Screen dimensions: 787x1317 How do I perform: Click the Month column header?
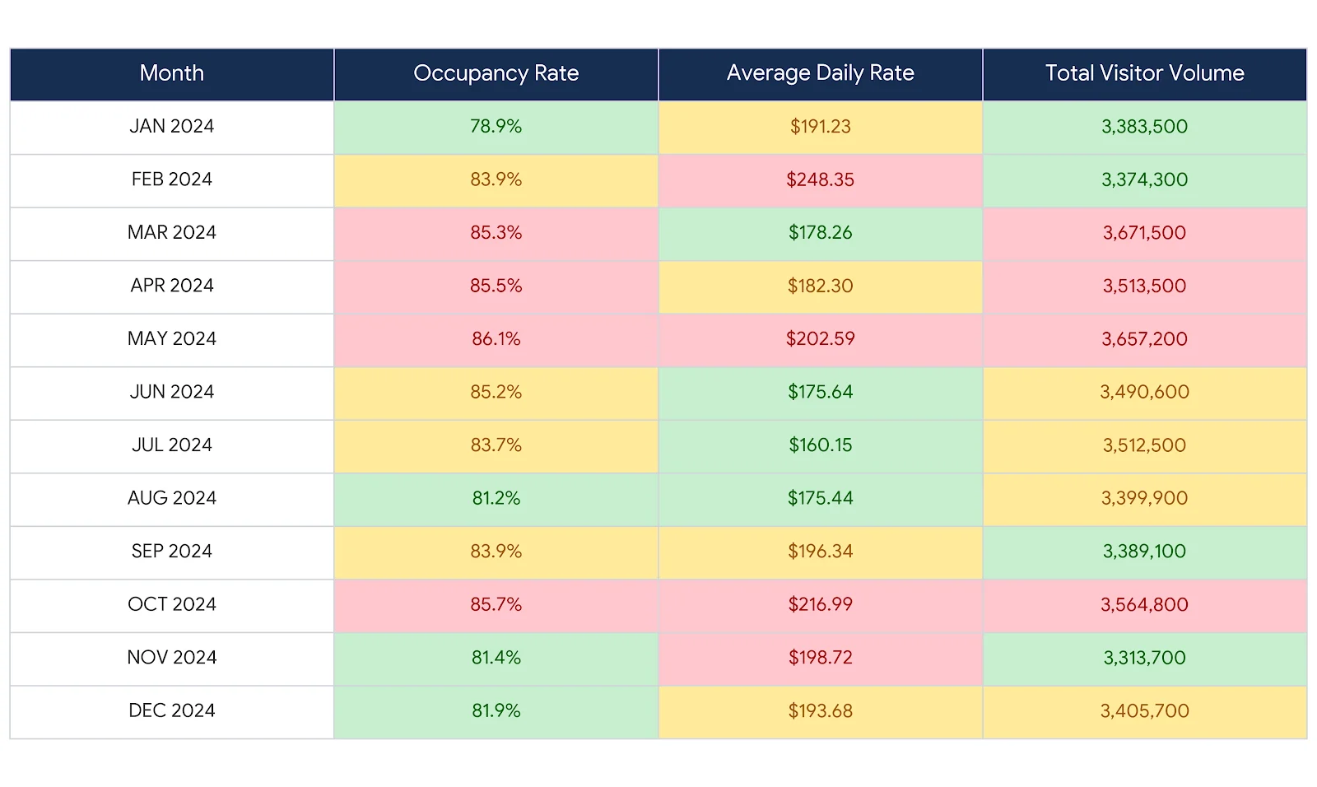tap(171, 73)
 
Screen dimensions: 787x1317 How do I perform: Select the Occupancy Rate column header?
tap(496, 73)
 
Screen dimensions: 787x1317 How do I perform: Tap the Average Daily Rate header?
tap(820, 73)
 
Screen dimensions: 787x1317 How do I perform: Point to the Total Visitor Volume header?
tap(1144, 73)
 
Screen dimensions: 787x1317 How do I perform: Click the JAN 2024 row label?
tap(171, 126)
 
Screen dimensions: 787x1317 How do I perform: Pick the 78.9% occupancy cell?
tap(496, 126)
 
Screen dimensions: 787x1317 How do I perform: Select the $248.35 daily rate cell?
tap(820, 179)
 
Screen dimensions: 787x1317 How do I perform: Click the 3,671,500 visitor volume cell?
tap(1144, 232)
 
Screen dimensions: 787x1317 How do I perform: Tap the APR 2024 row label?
tap(171, 286)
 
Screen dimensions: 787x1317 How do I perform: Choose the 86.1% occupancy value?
tap(496, 338)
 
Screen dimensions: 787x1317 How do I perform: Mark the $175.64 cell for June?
tap(820, 392)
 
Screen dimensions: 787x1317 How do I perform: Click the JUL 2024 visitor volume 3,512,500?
tap(1144, 445)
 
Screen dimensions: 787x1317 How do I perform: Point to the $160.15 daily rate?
tap(820, 445)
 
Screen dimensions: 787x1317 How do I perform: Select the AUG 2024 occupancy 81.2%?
tap(496, 498)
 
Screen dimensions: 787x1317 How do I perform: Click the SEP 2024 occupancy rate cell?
tap(496, 551)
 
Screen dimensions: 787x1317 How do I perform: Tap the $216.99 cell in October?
tap(820, 604)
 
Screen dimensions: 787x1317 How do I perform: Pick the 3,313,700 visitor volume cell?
tap(1144, 657)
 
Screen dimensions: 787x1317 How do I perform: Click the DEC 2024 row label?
tap(171, 710)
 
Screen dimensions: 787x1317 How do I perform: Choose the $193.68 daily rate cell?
tap(820, 710)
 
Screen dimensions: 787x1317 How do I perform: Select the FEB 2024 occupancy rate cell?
tap(496, 179)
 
